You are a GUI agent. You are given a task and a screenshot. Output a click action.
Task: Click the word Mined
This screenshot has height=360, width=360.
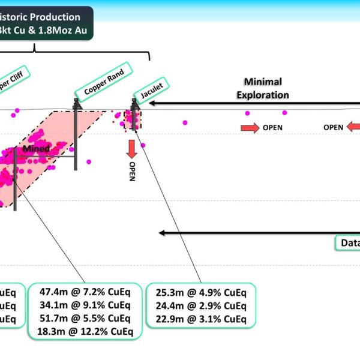click(x=36, y=148)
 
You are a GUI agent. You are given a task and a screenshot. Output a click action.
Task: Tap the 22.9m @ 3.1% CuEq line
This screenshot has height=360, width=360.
click(x=201, y=319)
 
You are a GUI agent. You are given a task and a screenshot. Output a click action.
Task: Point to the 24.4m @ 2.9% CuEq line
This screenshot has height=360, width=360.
click(x=201, y=305)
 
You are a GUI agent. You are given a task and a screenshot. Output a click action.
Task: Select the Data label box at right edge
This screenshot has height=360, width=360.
click(x=347, y=243)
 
